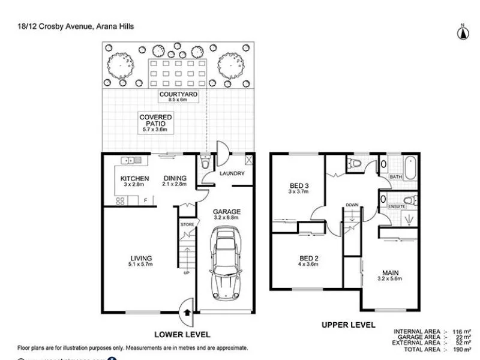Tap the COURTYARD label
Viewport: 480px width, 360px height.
point(179,95)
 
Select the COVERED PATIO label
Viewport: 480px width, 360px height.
point(156,121)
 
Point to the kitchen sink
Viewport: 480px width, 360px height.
point(130,160)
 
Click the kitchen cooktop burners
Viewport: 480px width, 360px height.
point(119,202)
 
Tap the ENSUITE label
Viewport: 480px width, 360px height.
point(397,206)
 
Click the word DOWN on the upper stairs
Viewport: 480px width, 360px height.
point(352,205)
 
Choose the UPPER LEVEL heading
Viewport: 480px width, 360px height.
point(349,325)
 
